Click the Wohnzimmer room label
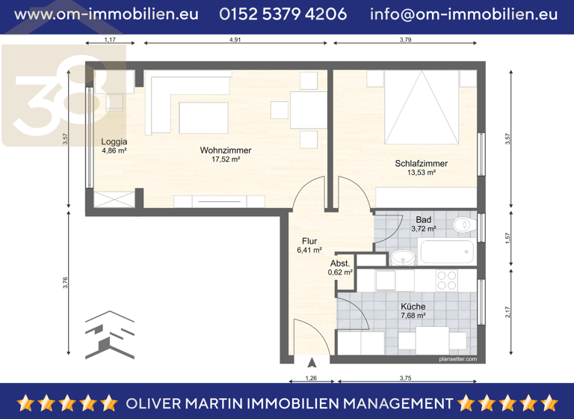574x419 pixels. (x=225, y=150)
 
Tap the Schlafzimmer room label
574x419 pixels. (x=422, y=163)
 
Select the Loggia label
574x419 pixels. (x=114, y=141)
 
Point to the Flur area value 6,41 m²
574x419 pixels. (x=309, y=251)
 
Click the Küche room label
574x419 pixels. (x=413, y=307)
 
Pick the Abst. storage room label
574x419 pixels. (x=340, y=263)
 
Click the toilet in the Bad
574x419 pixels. (x=463, y=224)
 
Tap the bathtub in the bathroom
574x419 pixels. (x=446, y=252)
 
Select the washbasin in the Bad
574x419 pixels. (x=403, y=258)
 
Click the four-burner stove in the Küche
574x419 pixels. (x=447, y=281)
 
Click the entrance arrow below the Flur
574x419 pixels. (x=312, y=362)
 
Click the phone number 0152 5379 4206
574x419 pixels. (x=283, y=14)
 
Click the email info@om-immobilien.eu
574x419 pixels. (x=463, y=14)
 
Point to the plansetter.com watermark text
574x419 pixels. (x=457, y=359)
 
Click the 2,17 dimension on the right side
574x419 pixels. (x=507, y=312)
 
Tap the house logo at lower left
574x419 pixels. (x=109, y=335)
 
